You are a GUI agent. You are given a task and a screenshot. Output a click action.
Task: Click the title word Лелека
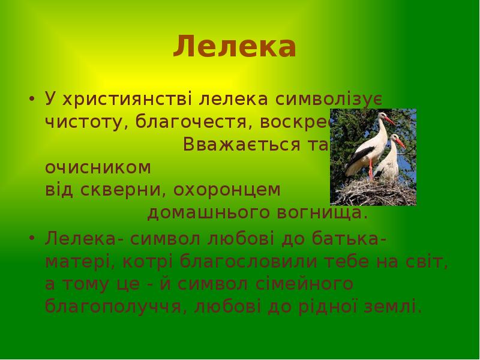(x=235, y=47)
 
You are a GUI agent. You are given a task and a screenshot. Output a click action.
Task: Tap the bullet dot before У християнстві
(x=32, y=98)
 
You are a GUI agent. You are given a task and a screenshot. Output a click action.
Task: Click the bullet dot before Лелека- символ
(x=32, y=238)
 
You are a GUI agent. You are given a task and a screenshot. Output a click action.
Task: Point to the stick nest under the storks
(x=373, y=192)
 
